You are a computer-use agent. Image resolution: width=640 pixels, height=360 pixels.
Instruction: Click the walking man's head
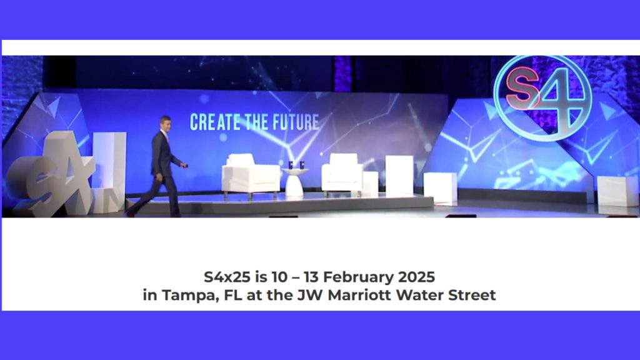point(165,123)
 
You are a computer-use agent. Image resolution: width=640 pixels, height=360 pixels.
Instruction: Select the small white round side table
point(295,182)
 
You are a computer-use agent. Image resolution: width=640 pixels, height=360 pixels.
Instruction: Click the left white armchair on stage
point(251,176)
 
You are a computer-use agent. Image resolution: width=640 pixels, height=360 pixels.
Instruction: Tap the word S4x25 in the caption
point(227,277)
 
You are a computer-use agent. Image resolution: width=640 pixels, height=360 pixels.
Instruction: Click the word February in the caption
point(358,277)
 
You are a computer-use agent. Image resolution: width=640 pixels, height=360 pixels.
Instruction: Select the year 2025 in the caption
point(416,277)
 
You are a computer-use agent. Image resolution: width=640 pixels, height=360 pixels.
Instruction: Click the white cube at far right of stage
point(617,191)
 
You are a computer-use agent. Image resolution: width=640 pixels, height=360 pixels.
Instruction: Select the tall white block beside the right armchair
point(399,176)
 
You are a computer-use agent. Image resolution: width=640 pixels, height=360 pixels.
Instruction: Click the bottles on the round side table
point(296,165)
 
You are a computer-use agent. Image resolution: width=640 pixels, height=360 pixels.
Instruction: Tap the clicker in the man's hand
point(184,166)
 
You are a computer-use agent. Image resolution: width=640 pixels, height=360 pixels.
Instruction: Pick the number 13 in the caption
point(311,277)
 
